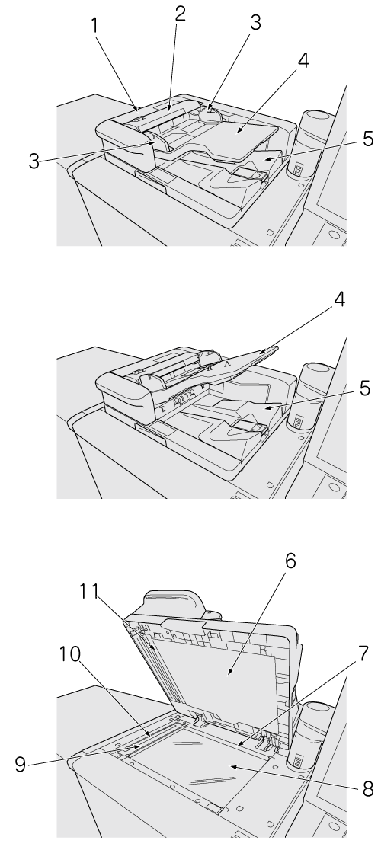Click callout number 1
(95, 26)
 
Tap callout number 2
(181, 14)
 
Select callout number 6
(290, 561)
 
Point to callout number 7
(363, 653)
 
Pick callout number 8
(368, 789)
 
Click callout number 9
(21, 765)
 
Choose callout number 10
(70, 654)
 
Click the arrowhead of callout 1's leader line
(137, 105)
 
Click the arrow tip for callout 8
(230, 765)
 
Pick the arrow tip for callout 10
(151, 735)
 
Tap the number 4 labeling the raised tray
(339, 300)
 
